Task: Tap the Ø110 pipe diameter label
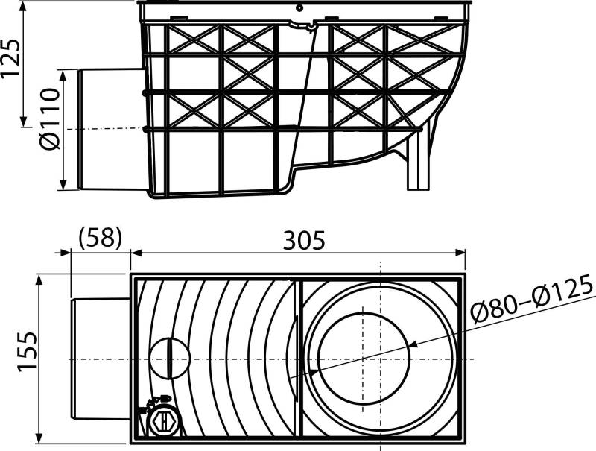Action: pos(50,128)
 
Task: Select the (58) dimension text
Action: pos(99,239)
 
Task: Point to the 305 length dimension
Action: pos(303,240)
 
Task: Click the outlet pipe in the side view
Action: pos(108,129)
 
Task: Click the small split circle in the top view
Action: pos(168,359)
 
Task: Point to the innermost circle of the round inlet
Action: pos(365,359)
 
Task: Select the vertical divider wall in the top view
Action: pos(298,359)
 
